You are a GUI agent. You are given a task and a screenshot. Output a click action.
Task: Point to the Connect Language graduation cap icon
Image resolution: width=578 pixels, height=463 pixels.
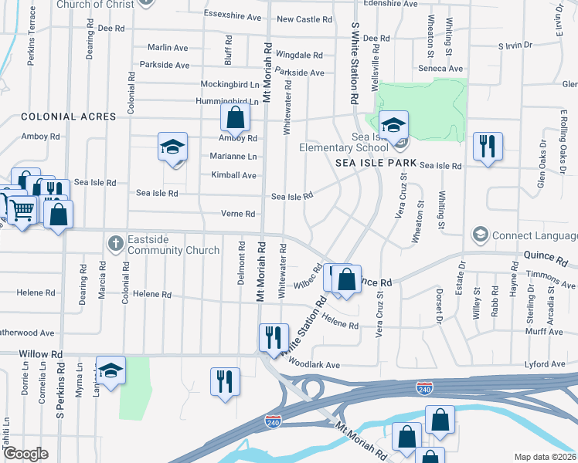pos(480,234)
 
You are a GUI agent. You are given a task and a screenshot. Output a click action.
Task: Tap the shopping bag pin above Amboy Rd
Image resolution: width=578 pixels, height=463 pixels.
pos(235,119)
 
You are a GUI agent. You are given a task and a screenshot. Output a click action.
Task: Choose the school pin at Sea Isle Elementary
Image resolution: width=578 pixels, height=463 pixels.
pos(393,126)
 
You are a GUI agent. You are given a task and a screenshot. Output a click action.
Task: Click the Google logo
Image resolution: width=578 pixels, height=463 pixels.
pos(25,454)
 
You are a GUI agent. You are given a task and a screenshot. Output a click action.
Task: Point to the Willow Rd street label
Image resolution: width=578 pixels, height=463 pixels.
pos(35,354)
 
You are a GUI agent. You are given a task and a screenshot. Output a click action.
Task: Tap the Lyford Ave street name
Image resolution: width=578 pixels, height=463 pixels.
pos(546,363)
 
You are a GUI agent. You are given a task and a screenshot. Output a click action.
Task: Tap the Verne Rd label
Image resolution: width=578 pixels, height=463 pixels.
pos(238,214)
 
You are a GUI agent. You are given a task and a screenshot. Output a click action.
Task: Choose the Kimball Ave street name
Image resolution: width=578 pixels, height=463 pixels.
pos(233,175)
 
